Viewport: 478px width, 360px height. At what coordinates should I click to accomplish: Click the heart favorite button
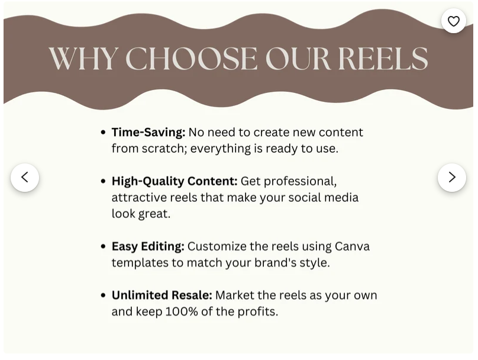(x=453, y=21)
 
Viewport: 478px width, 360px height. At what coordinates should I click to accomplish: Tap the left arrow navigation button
(x=25, y=177)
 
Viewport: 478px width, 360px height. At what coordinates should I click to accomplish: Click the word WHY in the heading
(x=83, y=58)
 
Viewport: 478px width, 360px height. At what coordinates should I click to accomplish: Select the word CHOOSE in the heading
(x=191, y=58)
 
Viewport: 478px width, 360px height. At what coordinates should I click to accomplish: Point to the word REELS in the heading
(x=383, y=58)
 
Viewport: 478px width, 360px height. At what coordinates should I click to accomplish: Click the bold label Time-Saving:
(x=148, y=133)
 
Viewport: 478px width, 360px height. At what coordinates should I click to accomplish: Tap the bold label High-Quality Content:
(x=175, y=181)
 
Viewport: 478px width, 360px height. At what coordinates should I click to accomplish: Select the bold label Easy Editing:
(x=148, y=246)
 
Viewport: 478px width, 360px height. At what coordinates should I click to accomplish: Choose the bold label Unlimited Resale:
(x=162, y=295)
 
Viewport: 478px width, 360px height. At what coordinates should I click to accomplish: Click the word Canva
(x=352, y=246)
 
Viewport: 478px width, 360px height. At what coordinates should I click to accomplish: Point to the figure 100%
(x=182, y=311)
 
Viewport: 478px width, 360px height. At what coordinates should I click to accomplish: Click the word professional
(x=301, y=182)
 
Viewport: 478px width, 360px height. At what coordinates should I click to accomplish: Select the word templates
(x=140, y=263)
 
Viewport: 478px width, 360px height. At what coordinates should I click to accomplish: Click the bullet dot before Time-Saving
(x=103, y=133)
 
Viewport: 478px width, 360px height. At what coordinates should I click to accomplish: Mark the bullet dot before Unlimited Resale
(x=103, y=295)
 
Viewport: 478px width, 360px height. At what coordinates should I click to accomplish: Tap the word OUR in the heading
(x=298, y=58)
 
